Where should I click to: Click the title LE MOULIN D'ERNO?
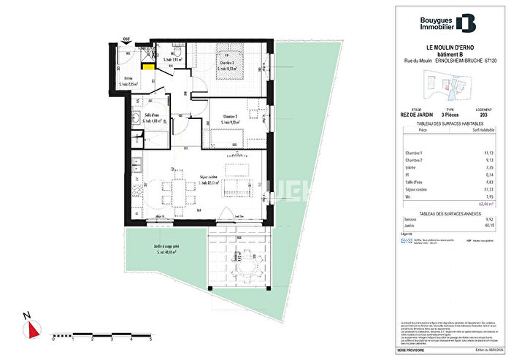click(444, 48)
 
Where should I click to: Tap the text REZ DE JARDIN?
click(411, 115)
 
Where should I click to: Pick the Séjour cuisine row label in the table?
click(415, 188)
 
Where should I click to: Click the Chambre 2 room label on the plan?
click(231, 118)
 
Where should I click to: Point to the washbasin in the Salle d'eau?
click(137, 117)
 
